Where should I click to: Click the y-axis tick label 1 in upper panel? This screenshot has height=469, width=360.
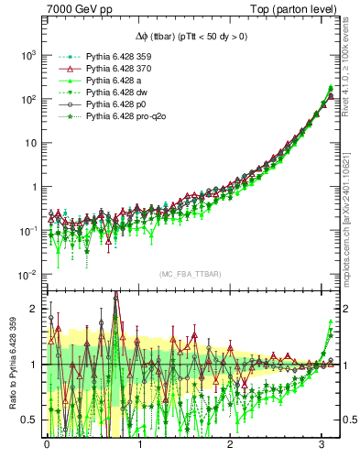coord(32,187)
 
